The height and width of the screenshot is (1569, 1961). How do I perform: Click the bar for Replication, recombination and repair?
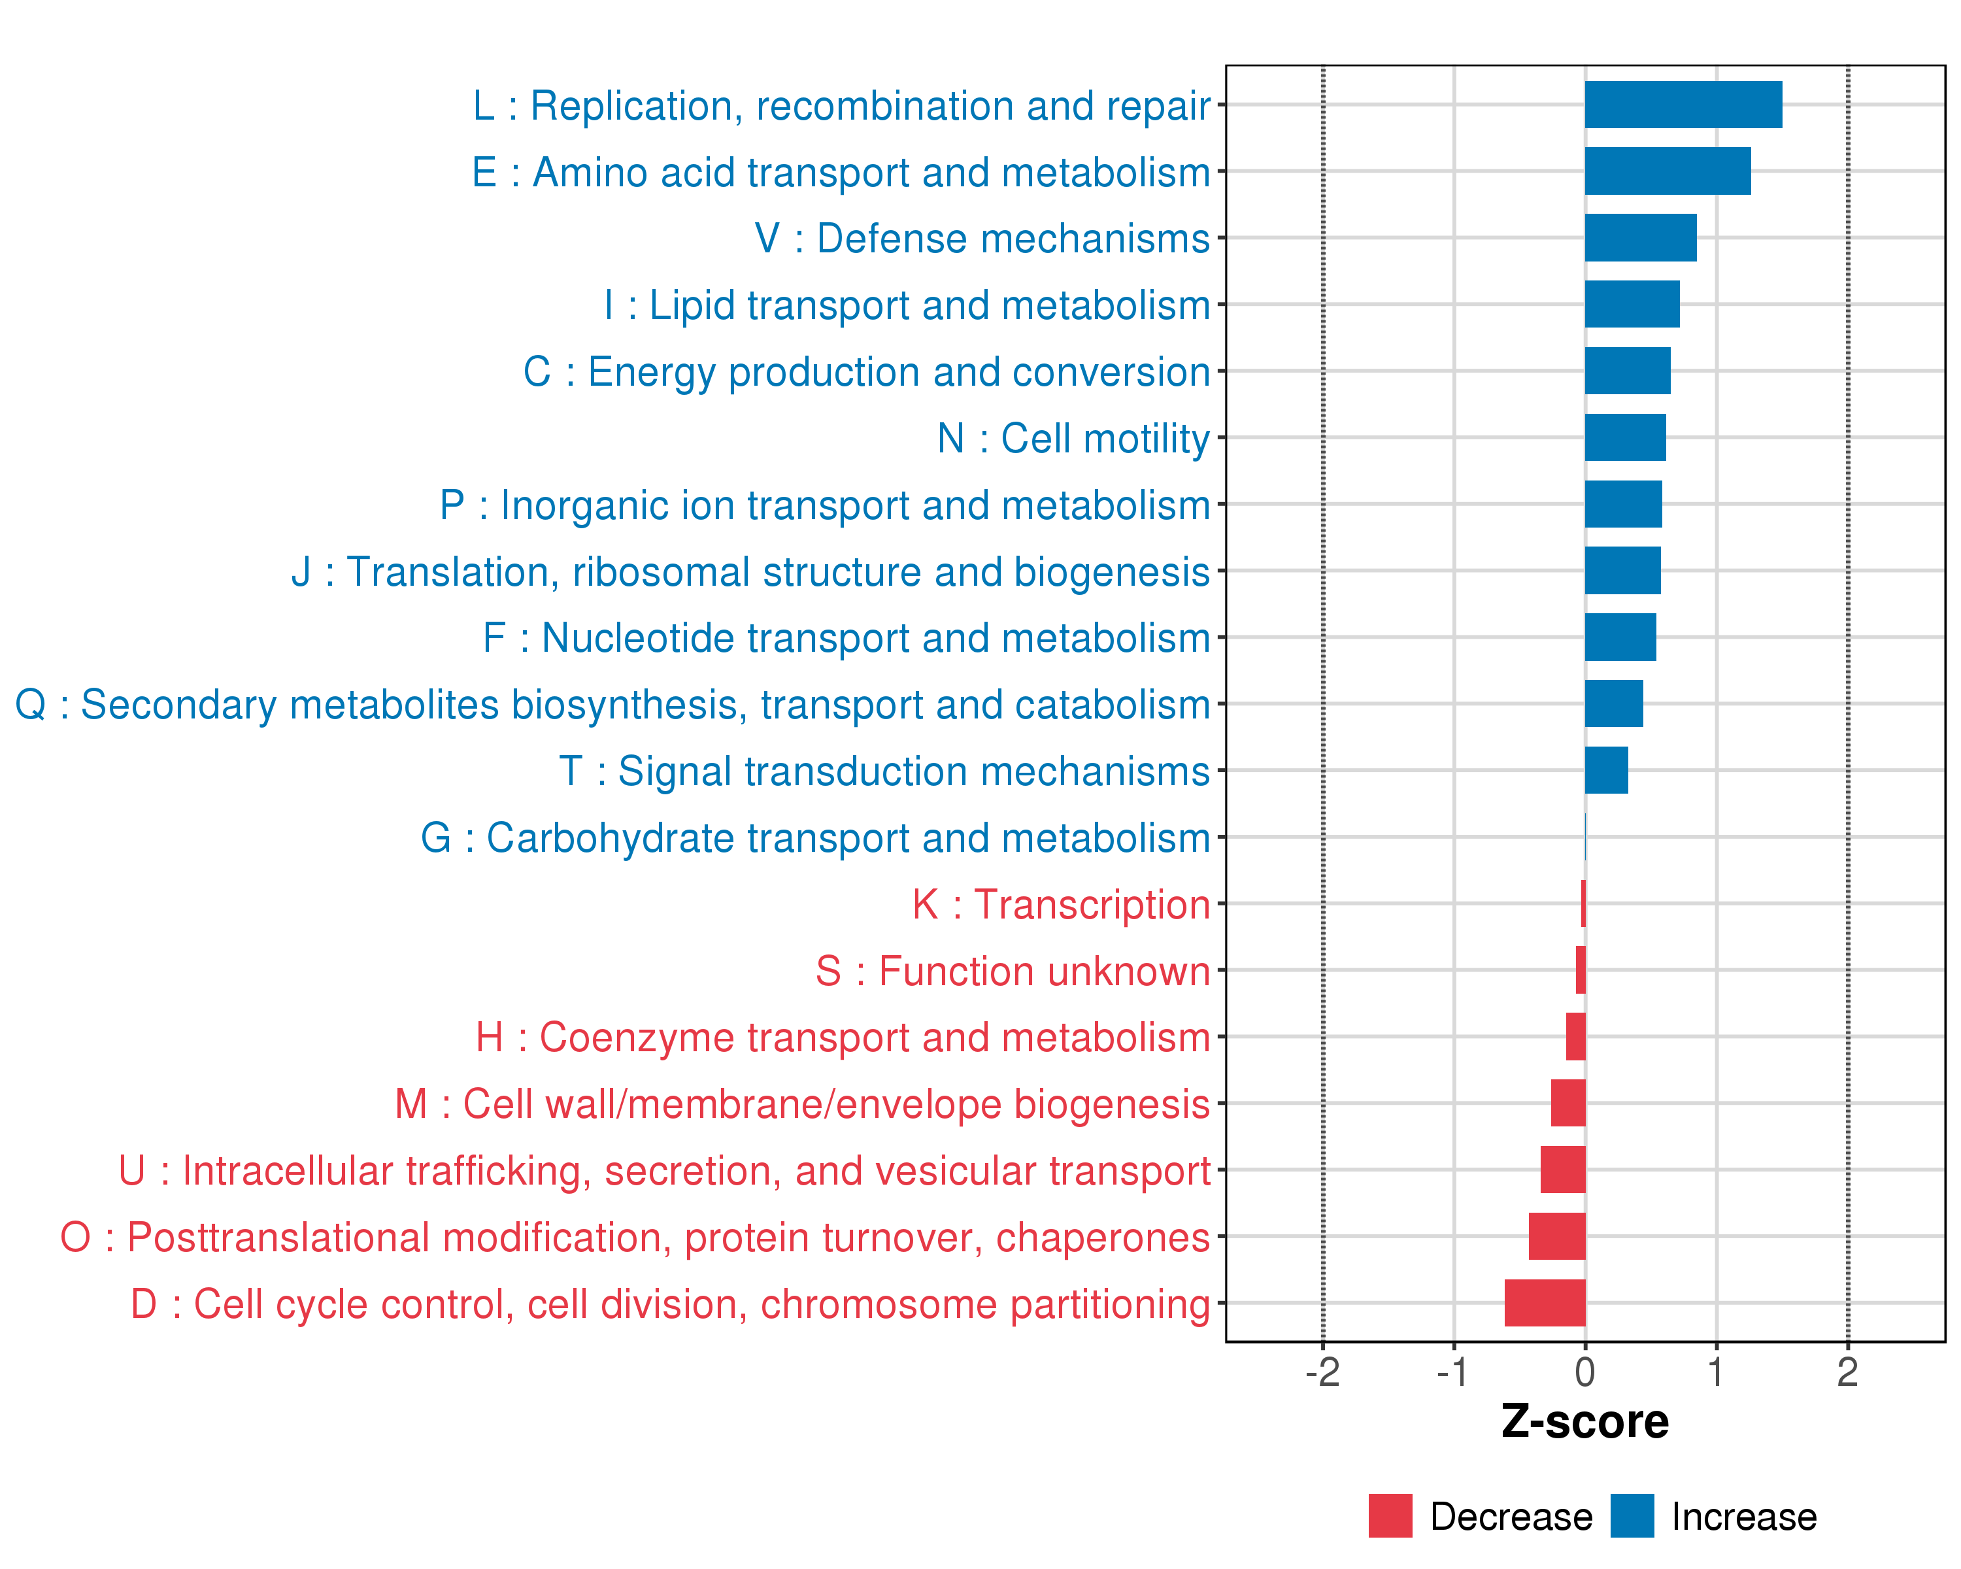[x=1683, y=105]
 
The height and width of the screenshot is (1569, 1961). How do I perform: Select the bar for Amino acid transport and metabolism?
[x=1668, y=171]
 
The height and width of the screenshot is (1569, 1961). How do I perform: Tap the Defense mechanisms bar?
[x=1640, y=237]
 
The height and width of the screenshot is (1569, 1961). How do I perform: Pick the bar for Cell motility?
[x=1626, y=437]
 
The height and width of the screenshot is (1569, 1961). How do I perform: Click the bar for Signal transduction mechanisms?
[x=1606, y=770]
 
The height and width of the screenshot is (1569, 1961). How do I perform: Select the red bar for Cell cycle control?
[x=1545, y=1302]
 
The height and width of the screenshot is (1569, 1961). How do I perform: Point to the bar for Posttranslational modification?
[x=1556, y=1236]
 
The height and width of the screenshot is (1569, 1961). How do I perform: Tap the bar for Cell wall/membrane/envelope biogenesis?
[x=1568, y=1104]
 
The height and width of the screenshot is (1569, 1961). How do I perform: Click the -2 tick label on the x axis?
[x=1322, y=1372]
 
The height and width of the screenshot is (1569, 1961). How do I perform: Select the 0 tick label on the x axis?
[x=1585, y=1372]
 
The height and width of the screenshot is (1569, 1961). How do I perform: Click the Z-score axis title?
[x=1584, y=1422]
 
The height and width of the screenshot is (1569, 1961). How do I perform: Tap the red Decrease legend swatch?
[x=1390, y=1516]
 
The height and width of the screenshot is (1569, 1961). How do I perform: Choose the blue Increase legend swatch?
[x=1632, y=1516]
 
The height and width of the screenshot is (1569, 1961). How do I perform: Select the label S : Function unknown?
[x=1013, y=971]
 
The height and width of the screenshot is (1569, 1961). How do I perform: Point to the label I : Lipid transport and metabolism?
[x=907, y=305]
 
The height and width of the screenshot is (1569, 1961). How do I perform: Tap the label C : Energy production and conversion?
[x=866, y=372]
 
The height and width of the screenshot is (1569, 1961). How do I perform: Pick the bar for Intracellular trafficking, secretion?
[x=1563, y=1170]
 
